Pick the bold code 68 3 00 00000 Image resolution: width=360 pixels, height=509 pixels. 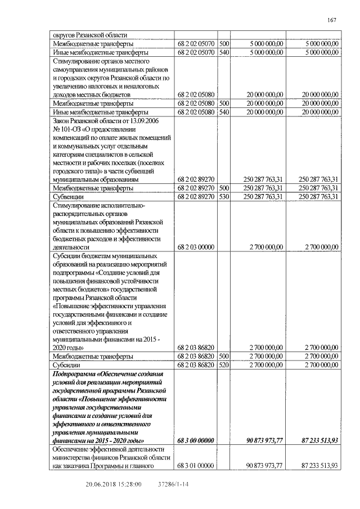(196, 440)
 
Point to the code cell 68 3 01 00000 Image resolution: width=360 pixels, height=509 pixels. (196, 466)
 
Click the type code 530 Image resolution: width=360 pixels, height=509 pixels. (223, 197)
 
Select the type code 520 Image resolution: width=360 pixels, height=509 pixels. (223, 364)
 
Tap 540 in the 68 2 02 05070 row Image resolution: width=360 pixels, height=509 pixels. (223, 52)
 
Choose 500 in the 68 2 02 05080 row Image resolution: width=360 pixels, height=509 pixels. (223, 103)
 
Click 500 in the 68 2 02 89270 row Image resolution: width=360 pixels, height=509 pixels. (223, 188)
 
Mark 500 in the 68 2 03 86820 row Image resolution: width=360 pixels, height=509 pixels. (223, 356)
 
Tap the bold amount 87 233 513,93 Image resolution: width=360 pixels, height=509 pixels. (316, 440)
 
